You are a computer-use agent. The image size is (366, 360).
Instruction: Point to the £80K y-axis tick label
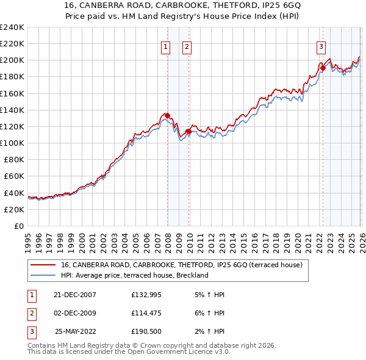tap(13, 159)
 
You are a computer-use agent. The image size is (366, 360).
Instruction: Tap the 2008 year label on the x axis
tap(168, 237)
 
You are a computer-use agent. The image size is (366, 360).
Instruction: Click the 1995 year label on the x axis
tap(28, 237)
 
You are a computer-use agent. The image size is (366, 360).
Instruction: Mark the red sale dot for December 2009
tap(188, 131)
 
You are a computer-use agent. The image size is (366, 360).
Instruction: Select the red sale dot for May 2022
tap(323, 68)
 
